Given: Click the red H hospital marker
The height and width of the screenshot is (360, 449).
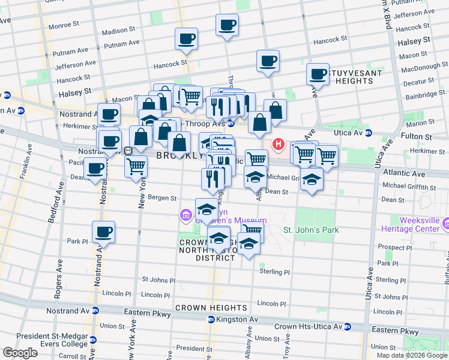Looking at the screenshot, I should (x=279, y=144).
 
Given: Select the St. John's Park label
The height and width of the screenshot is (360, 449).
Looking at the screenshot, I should (x=311, y=230).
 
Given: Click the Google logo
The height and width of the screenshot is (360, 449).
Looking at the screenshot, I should (x=20, y=353).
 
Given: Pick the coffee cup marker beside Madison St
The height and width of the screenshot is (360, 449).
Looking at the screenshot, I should (x=185, y=40).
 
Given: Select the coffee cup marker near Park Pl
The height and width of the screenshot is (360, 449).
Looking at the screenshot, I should (x=103, y=232).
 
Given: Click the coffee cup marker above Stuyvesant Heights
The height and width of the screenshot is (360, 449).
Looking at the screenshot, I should (x=318, y=74).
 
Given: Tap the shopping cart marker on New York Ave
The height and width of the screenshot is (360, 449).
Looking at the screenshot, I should (x=136, y=166).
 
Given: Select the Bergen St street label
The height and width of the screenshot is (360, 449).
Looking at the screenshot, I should (x=163, y=197).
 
